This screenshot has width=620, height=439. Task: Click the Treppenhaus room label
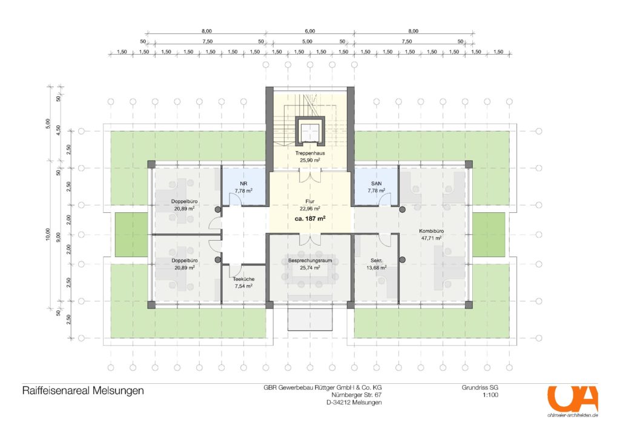310,153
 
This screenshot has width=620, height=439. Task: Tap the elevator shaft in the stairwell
310,130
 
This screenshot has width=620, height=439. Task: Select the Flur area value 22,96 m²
310,208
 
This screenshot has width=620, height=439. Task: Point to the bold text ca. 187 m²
310,218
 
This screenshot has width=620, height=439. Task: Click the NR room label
243,184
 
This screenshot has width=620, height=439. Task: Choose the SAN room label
377,184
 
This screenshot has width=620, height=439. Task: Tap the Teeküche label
243,279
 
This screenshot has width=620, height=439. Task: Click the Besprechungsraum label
310,261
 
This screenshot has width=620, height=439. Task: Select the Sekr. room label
377,261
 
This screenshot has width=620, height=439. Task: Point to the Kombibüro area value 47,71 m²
431,238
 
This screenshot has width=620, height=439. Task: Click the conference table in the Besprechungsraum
310,269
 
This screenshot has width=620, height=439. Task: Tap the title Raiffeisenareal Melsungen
83,390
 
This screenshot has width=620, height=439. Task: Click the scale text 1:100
490,395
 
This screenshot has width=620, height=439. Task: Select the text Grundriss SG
480,387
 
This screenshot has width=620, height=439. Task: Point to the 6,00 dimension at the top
310,31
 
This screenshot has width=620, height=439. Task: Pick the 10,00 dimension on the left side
48,234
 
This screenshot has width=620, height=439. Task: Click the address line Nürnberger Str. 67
357,395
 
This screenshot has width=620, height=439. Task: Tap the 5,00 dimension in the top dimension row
307,41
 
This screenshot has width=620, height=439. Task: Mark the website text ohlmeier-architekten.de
573,415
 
